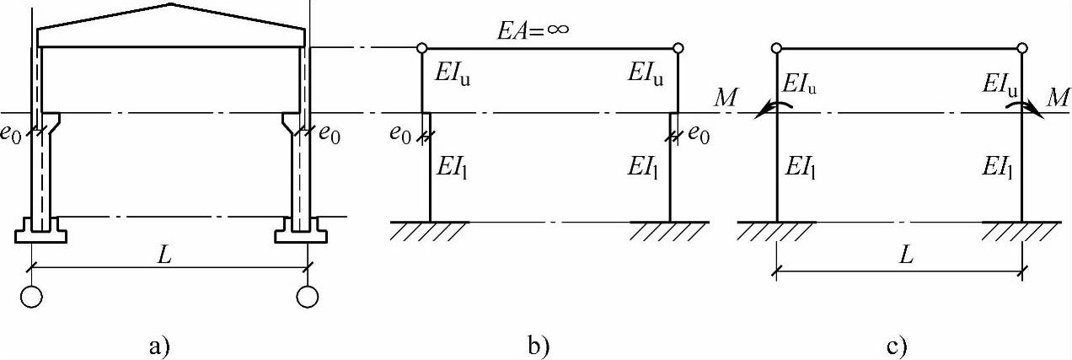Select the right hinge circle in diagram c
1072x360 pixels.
pos(1022,49)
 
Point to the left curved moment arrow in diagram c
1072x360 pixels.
pos(769,108)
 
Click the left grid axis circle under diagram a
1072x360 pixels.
pos(33,297)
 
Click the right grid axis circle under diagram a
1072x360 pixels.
pos(308,297)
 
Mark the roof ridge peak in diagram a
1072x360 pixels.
pos(173,5)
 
